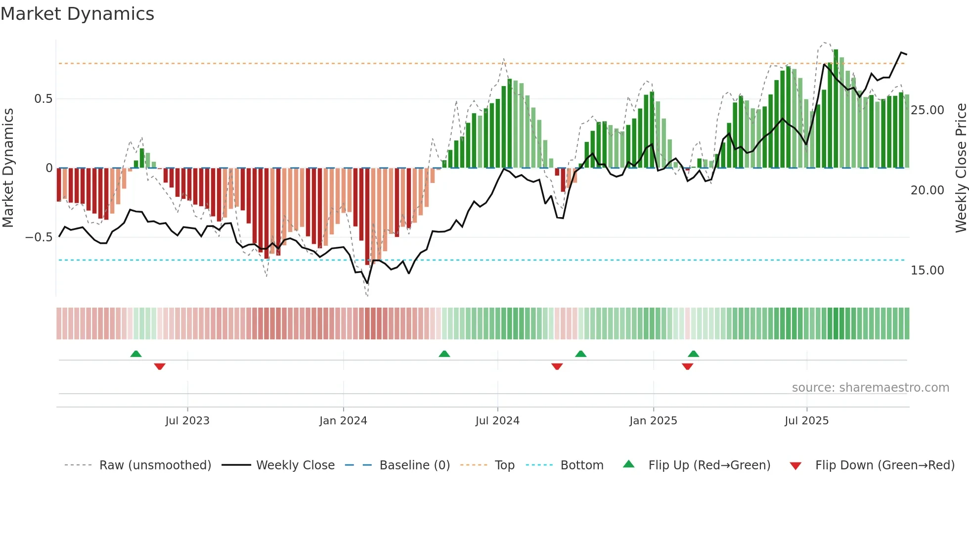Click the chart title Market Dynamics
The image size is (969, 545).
coord(77,14)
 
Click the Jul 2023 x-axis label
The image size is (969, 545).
coord(187,421)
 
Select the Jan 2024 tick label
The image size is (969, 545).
coord(343,421)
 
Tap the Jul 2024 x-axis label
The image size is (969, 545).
coord(497,421)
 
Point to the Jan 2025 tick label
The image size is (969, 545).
coord(653,421)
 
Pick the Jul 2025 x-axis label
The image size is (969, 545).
coord(806,421)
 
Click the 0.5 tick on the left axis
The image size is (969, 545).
coord(43,99)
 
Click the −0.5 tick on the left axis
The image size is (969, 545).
coord(39,237)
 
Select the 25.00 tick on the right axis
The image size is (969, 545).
coord(927,110)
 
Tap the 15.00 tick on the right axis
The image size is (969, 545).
coord(927,271)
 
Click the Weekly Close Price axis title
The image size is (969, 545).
coord(961,168)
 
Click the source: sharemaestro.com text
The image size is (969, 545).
coord(870,388)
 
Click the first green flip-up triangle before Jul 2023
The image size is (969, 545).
coord(136,354)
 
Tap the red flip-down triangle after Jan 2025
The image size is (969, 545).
coord(687,366)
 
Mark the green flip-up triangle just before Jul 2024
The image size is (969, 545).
coord(444,354)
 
